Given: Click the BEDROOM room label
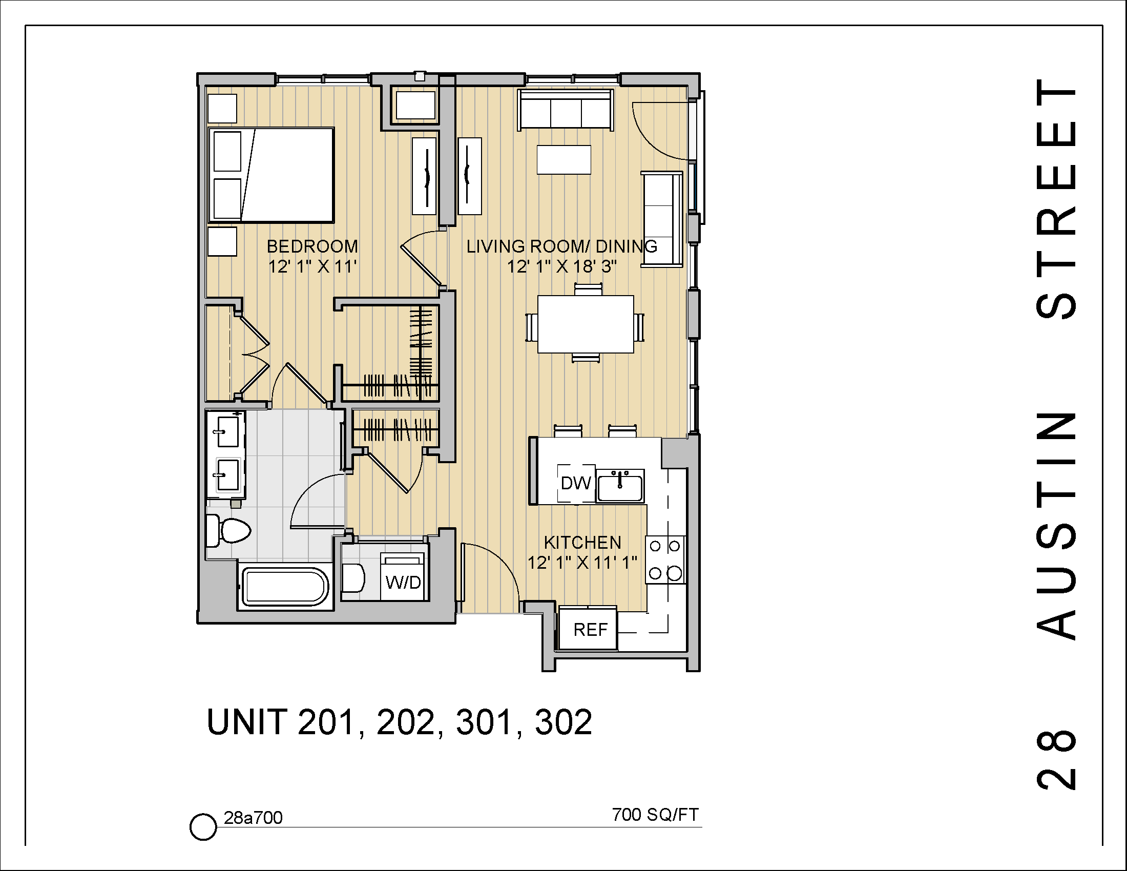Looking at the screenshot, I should (312, 246).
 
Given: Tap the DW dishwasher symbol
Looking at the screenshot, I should (576, 483).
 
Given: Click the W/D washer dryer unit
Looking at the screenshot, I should (403, 577).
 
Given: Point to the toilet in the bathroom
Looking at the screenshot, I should (228, 530).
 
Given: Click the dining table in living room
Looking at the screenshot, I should (585, 324).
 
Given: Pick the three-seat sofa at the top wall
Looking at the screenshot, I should (566, 111).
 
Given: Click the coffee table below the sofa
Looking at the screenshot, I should (563, 160).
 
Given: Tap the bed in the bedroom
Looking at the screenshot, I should (272, 175).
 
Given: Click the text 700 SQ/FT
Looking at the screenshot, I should (655, 815).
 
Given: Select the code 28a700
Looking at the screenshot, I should (253, 818).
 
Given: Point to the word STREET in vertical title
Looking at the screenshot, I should (1056, 199).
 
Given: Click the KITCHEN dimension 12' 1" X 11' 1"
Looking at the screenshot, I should (582, 562).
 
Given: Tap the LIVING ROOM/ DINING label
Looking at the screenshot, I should (561, 246).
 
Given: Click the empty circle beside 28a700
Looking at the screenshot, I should (203, 827).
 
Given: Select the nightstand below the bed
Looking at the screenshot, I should (222, 241).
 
